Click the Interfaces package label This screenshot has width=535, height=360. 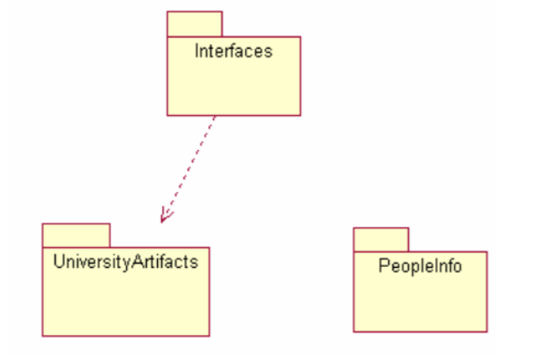coord(233,51)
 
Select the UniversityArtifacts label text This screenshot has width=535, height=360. coord(125,262)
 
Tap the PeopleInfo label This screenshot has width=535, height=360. coord(420,266)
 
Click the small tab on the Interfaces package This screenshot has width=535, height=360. coord(195,24)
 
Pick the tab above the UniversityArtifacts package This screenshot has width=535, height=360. coord(76,235)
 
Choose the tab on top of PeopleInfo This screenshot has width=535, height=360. coord(381,239)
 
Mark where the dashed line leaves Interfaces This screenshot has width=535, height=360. coord(215,116)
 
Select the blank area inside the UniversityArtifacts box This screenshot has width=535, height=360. coord(125,304)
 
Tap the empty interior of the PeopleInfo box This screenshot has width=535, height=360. coord(420,304)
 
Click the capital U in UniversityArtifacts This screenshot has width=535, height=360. coord(58,262)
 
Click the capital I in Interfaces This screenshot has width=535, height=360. coord(197,51)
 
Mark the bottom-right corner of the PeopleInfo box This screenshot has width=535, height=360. coord(486,331)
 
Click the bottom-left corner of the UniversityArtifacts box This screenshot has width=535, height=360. coord(43,335)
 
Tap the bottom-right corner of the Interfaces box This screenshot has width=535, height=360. coord(299,114)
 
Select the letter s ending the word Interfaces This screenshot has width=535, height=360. coord(269,51)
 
